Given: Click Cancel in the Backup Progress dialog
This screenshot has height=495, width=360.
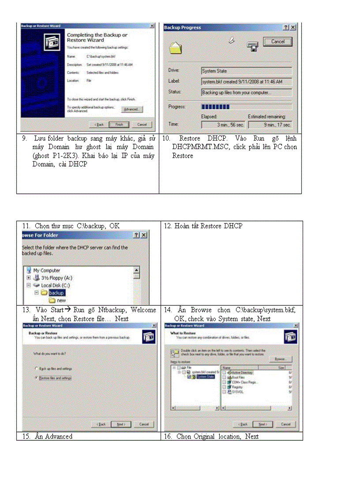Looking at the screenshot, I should click(277, 41).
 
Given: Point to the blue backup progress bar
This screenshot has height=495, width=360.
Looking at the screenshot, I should click(215, 107).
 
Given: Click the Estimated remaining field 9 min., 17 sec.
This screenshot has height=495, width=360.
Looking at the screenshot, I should click(270, 125).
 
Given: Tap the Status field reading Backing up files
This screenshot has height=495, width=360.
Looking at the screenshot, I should click(246, 93).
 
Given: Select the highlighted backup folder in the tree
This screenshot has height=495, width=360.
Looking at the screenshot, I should click(56, 293).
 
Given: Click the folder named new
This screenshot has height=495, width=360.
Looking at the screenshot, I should click(61, 300).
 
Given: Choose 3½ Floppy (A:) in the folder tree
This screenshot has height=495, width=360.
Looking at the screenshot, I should click(56, 278).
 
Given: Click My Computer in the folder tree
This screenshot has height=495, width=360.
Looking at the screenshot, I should click(46, 270).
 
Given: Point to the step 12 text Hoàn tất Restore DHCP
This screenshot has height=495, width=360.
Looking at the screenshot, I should click(203, 226).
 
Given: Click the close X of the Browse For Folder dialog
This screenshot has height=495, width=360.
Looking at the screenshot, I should click(144, 235).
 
